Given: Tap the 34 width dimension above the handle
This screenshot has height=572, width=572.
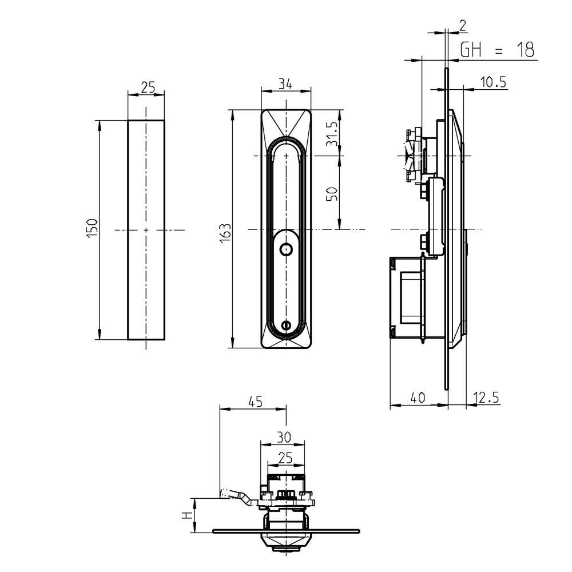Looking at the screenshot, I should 285,84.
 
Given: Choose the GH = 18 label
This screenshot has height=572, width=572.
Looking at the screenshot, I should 497,50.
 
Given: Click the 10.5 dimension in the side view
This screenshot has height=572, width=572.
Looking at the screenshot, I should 493,82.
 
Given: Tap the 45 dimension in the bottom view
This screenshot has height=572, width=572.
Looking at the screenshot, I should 255,402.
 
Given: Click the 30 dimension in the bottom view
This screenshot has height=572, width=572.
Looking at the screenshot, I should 284,437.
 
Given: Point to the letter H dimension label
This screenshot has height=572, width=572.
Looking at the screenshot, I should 186,516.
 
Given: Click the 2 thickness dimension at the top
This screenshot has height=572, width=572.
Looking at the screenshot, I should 463,25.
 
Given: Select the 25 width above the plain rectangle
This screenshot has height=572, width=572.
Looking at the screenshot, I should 148,87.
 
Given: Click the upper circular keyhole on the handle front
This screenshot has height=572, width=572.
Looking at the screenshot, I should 285,249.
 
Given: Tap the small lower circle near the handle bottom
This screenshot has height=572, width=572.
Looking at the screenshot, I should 287,326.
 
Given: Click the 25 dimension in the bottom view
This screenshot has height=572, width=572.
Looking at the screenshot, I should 285,458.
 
